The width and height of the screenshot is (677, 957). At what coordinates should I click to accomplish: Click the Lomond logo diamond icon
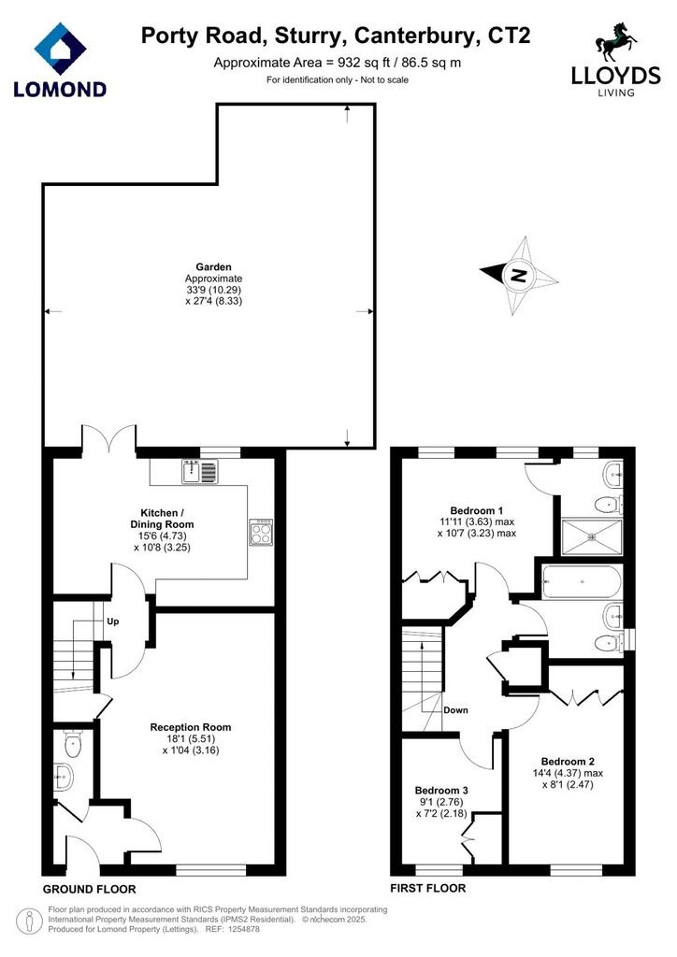click(61, 49)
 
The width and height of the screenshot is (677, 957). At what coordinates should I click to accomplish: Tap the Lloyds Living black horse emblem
click(615, 43)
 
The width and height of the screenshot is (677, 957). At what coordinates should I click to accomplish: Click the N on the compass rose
click(519, 276)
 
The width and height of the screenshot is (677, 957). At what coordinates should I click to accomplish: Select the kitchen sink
click(199, 471)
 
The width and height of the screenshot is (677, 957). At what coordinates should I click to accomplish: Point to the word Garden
click(213, 266)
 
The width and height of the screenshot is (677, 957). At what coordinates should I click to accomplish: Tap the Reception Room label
click(191, 727)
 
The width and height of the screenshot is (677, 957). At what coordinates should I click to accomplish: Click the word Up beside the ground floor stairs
click(113, 621)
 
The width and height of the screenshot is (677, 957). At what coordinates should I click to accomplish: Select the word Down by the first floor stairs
click(455, 710)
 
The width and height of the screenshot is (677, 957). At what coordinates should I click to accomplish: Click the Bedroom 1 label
click(476, 510)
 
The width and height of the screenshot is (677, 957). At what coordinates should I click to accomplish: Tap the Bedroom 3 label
click(441, 791)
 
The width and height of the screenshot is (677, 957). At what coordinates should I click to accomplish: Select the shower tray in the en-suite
click(591, 537)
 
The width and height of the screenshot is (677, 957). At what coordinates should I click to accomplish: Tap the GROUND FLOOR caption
click(89, 889)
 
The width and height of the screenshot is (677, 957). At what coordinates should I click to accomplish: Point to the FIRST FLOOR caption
click(428, 888)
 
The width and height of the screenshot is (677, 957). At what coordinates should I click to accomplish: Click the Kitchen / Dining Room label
click(162, 518)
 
